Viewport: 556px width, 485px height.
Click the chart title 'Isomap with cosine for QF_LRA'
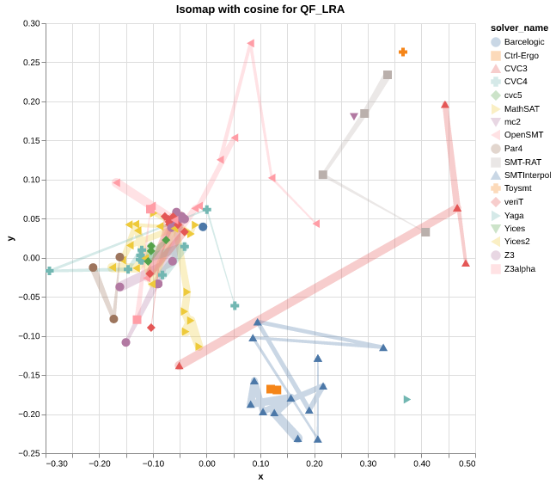[x=260, y=9]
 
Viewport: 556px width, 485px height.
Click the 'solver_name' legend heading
[x=512, y=28]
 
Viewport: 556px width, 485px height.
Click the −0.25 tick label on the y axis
[x=29, y=453]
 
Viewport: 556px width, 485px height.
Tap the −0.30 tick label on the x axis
[x=57, y=464]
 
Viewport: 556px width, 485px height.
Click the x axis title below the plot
[x=260, y=476]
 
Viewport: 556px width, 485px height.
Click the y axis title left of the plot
[x=10, y=238]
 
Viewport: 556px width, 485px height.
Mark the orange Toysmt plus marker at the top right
[x=402, y=52]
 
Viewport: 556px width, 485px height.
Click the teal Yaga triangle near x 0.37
[x=407, y=399]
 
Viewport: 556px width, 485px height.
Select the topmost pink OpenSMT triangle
[x=250, y=43]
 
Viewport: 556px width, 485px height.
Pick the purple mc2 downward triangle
[x=354, y=117]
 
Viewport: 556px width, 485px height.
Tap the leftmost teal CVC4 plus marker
[x=50, y=271]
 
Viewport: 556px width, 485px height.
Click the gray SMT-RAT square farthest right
[x=425, y=232]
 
